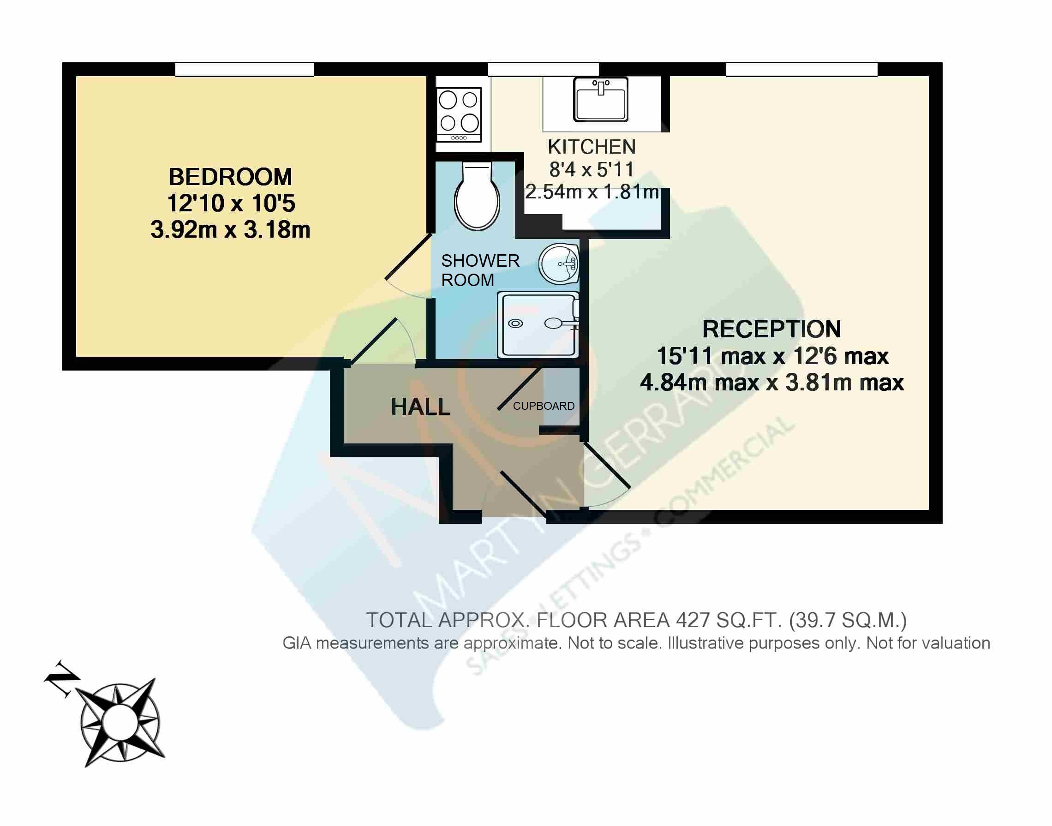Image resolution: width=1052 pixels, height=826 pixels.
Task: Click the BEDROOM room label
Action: (230, 177)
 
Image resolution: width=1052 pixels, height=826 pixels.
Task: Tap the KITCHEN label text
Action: (591, 147)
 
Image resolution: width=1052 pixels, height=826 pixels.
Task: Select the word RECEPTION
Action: (771, 329)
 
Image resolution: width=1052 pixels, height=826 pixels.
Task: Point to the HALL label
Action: (421, 407)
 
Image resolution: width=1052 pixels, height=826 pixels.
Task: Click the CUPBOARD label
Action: (544, 406)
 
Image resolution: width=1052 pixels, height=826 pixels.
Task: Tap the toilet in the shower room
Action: (477, 196)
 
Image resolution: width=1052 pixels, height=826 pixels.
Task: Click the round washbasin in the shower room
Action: (559, 264)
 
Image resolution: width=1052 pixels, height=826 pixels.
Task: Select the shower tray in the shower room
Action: (538, 325)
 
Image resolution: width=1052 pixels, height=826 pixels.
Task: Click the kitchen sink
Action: (600, 100)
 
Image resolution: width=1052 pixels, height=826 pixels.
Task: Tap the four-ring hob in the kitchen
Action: (459, 114)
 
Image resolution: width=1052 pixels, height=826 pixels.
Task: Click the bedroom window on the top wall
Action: (244, 69)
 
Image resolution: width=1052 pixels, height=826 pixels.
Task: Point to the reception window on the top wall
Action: (801, 69)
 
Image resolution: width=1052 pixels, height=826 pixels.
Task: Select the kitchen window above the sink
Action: (544, 69)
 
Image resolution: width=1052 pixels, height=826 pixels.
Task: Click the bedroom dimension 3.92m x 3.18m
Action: (230, 230)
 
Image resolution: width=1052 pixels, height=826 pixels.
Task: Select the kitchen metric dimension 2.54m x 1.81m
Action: (592, 192)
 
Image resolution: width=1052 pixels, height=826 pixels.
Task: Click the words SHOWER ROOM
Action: (480, 270)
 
